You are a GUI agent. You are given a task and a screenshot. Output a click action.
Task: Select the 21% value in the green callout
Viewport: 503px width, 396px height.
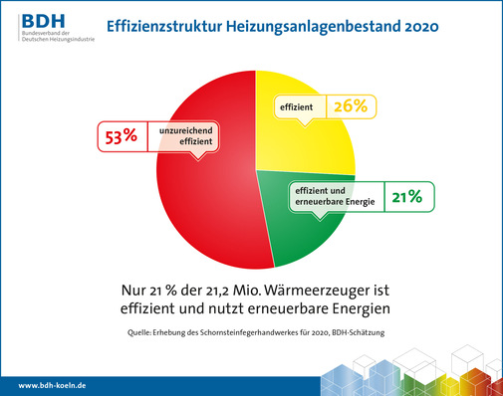point(406,198)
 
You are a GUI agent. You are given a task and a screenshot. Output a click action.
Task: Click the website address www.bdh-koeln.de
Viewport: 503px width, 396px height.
point(54,384)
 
